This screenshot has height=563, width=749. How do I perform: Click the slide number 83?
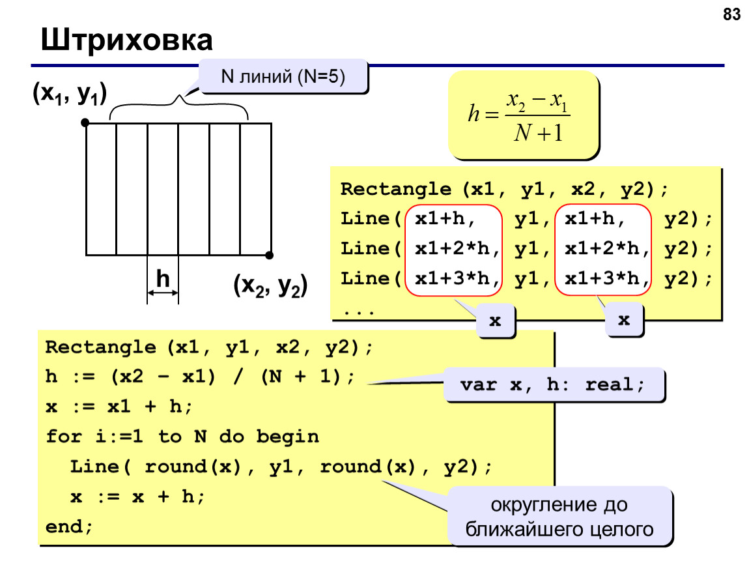(731, 14)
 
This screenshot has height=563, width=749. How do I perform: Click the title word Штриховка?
(126, 40)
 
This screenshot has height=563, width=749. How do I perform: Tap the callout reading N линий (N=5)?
(283, 76)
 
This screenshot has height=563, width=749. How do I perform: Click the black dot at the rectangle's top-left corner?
(85, 123)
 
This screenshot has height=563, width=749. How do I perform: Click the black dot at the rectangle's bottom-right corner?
(270, 255)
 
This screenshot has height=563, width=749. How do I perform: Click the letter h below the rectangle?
(163, 278)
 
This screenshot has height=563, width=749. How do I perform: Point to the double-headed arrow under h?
(162, 293)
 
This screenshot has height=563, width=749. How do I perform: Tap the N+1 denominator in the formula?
(539, 133)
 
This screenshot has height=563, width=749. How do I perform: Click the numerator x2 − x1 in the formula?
(537, 101)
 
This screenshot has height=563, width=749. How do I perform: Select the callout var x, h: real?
(554, 384)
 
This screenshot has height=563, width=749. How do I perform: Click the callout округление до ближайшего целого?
(559, 517)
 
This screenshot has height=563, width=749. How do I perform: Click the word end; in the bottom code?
(69, 527)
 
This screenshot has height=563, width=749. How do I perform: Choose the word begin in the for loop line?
(288, 437)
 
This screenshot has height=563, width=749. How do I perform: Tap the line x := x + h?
(137, 497)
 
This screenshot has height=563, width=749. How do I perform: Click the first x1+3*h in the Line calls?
(457, 278)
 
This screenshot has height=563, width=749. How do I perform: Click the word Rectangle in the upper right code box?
(395, 189)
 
